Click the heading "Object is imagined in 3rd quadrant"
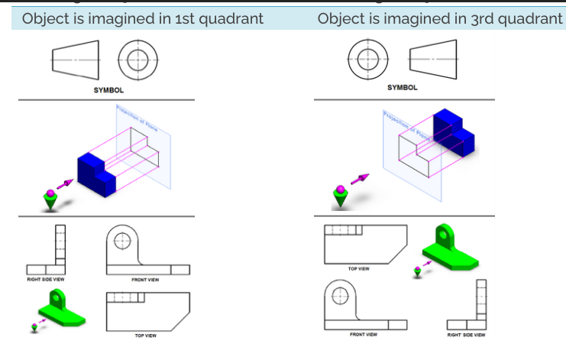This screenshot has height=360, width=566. point(439,18)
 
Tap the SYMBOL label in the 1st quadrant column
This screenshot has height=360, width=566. point(108,90)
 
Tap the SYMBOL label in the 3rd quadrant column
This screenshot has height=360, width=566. point(403,88)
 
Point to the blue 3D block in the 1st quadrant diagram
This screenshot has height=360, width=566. point(95,173)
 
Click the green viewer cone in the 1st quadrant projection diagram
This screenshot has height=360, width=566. point(50,201)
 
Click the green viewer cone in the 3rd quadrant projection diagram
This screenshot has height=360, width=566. point(340,198)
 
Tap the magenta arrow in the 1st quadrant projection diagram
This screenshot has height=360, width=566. point(65,184)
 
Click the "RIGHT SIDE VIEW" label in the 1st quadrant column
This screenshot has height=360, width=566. point(46,279)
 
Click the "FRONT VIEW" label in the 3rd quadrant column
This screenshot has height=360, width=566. point(363,334)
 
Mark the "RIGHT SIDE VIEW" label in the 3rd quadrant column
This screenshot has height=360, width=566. point(466,334)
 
